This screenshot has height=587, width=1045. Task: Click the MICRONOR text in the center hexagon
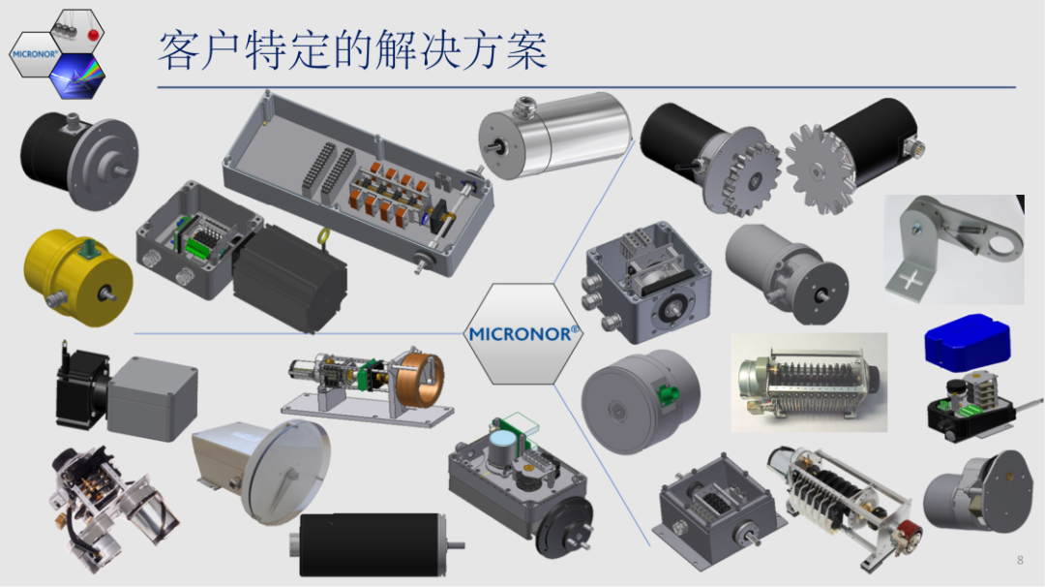pyautogui.click(x=523, y=333)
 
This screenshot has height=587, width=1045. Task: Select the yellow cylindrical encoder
pyautogui.click(x=77, y=274)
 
